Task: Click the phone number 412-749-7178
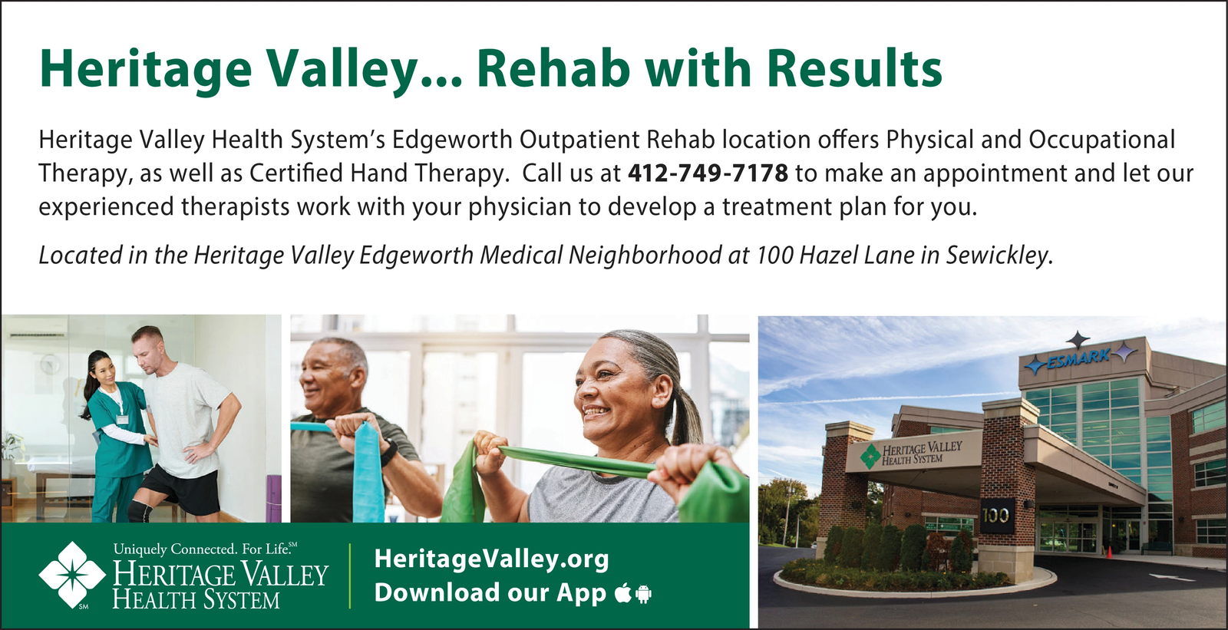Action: tap(708, 173)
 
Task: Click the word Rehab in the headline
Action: tap(553, 69)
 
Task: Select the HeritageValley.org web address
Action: tap(491, 559)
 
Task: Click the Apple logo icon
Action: tap(622, 592)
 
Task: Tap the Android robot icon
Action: tap(644, 594)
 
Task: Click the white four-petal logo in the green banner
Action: tap(72, 575)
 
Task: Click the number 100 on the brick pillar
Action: tap(995, 516)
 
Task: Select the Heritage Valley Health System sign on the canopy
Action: tap(913, 454)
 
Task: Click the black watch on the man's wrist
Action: tap(390, 453)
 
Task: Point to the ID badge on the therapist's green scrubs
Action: tap(122, 420)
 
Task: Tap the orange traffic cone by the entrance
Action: tap(1109, 551)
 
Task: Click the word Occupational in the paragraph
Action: tap(1102, 140)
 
